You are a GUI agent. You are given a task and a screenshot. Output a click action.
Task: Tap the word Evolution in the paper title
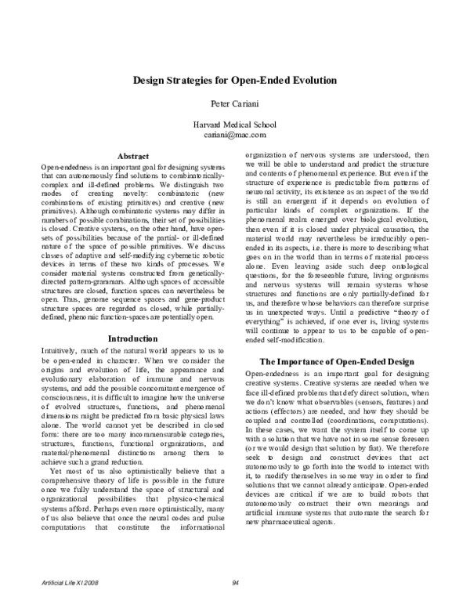point(309,80)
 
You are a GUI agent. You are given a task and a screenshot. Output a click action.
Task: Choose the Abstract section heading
point(132,156)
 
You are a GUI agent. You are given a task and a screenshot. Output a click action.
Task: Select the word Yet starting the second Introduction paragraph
point(53,472)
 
